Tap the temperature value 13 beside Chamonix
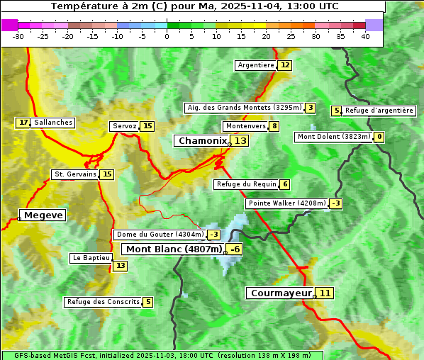point(241,141)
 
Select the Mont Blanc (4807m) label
point(174,249)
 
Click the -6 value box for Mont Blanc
point(235,249)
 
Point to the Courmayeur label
point(281,293)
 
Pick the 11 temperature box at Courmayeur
point(325,293)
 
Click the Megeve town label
point(43,215)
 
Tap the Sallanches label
point(53,123)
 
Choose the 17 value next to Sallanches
point(23,123)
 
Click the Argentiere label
point(256,65)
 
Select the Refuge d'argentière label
point(379,111)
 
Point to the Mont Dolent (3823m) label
point(334,137)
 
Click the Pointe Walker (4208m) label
point(286,203)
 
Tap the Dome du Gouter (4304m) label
point(160,235)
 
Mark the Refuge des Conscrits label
point(104,302)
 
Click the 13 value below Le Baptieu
point(121,266)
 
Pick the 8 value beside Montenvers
point(274,126)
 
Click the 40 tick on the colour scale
point(365,36)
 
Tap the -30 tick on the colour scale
point(18,36)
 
